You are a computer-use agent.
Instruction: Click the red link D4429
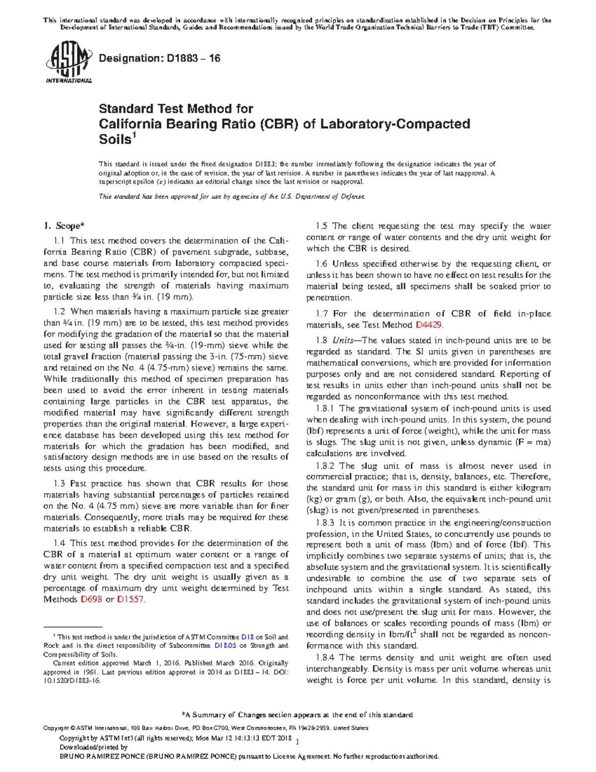coord(428,325)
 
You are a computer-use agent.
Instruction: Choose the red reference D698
coord(91,600)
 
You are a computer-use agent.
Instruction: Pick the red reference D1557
coord(131,600)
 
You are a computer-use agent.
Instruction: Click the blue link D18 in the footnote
coord(247,637)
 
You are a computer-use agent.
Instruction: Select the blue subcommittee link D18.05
coord(225,646)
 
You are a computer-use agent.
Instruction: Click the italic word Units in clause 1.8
coord(343,341)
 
